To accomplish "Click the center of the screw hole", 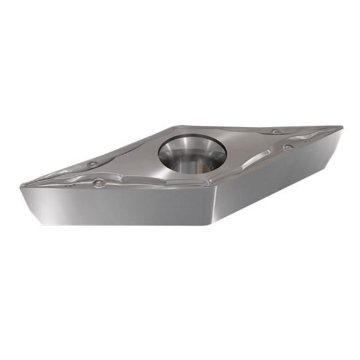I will coord(192,153).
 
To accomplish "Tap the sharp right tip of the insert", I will coord(342,126).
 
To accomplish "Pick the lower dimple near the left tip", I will coord(99,183).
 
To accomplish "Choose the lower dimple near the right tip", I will coord(288,147).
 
